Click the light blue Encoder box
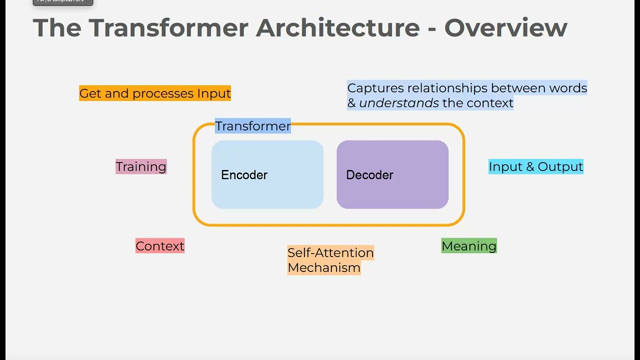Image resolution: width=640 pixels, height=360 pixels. pos(267,174)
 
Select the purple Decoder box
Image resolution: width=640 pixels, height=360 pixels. pos(392,174)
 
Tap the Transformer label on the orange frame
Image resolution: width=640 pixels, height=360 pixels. pos(253,126)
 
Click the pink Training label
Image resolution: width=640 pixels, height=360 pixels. pos(141,166)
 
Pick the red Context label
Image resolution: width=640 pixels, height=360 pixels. pos(160,246)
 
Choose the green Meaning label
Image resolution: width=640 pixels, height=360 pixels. pos(469,246)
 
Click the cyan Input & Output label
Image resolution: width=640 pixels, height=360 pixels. pos(535,166)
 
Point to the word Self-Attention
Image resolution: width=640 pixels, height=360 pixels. pos(330,252)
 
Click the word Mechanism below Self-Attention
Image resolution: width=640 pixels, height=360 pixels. pos(324,267)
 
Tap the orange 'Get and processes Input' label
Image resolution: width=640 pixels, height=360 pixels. pos(155,93)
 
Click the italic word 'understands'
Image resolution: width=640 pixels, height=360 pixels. pos(399,103)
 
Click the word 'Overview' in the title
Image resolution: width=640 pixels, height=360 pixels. pos(505,27)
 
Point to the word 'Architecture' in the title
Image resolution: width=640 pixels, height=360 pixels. pos(337,27)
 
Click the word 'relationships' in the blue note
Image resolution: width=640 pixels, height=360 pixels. pos(447,88)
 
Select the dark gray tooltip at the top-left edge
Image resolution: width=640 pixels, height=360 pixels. pos(63,2)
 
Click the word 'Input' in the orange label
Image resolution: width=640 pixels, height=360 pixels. pos(214,93)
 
